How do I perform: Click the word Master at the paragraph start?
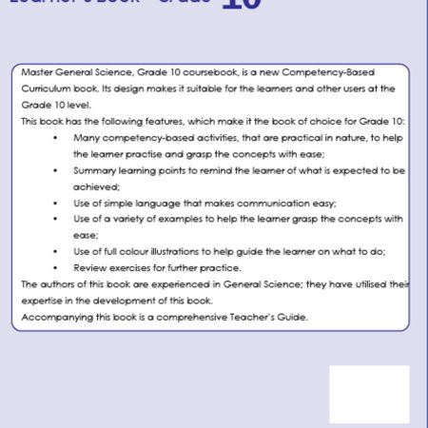(x=34, y=73)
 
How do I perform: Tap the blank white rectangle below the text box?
(x=369, y=394)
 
